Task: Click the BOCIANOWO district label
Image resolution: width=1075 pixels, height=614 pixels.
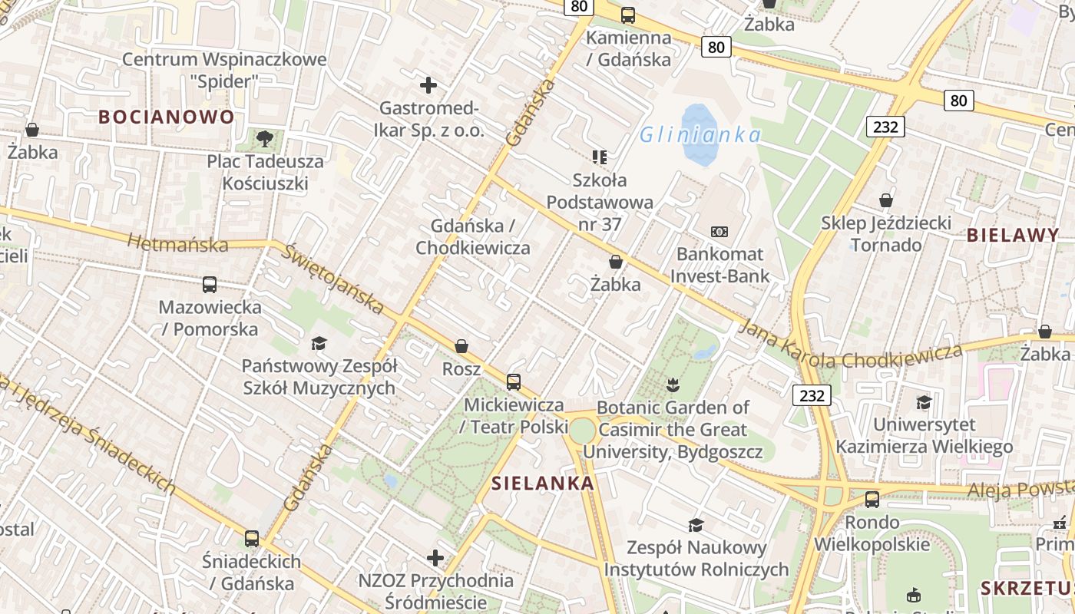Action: [x=166, y=117]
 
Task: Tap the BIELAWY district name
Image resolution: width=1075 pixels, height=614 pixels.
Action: [x=1013, y=235]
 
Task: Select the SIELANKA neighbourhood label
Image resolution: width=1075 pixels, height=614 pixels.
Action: [x=543, y=483]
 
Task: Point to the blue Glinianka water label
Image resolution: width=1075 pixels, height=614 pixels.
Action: [x=700, y=135]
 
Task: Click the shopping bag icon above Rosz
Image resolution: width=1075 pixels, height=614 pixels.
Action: [x=461, y=346]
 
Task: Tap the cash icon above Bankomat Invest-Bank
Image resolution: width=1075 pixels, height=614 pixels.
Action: [x=719, y=231]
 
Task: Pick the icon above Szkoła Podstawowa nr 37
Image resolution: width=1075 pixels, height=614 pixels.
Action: [x=600, y=157]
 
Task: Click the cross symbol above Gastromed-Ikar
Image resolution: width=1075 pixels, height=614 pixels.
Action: [x=428, y=85]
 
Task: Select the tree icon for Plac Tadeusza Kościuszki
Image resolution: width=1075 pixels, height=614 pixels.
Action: [x=265, y=139]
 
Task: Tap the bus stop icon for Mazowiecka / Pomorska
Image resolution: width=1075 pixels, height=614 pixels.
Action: [x=210, y=285]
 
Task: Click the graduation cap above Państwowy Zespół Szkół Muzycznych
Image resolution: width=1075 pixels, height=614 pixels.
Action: [x=319, y=343]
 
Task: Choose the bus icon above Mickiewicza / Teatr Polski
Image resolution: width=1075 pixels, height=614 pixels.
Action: [x=514, y=381]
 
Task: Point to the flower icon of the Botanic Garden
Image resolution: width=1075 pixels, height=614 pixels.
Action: [x=673, y=384]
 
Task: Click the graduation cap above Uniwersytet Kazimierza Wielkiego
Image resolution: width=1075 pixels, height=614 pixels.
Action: [x=924, y=402]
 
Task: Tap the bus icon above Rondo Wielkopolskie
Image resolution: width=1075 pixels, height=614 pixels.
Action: [x=872, y=500]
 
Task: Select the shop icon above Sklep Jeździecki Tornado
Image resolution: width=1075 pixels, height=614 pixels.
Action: [x=886, y=200]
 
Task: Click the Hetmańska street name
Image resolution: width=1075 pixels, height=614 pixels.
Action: [x=178, y=244]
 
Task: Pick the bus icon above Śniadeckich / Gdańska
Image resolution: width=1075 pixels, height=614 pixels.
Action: [x=252, y=538]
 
